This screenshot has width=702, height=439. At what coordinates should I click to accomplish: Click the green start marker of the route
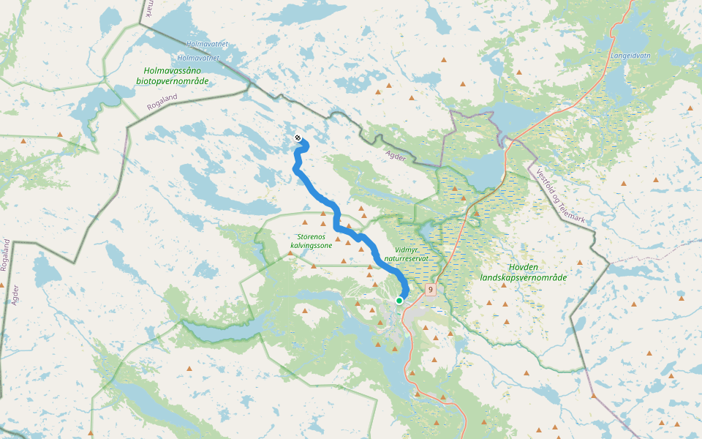[x=399, y=301]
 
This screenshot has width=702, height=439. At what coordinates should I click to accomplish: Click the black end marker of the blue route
[x=297, y=138]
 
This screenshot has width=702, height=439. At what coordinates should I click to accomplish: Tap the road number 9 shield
[x=431, y=290]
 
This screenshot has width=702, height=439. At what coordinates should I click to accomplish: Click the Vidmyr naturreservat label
[x=415, y=254]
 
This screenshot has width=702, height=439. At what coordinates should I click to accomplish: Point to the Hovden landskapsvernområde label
[x=524, y=272]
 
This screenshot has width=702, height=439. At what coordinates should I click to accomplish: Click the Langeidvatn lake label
[x=630, y=55]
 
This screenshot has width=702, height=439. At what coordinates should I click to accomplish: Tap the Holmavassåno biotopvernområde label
[x=173, y=75]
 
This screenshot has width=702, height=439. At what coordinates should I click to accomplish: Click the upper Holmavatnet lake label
[x=207, y=44]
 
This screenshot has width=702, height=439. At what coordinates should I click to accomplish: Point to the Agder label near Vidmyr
[x=393, y=155]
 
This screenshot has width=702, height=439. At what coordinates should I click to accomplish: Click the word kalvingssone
[x=312, y=246]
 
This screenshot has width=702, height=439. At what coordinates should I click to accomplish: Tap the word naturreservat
[x=415, y=259]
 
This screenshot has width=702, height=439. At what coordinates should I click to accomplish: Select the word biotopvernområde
[x=173, y=80]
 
